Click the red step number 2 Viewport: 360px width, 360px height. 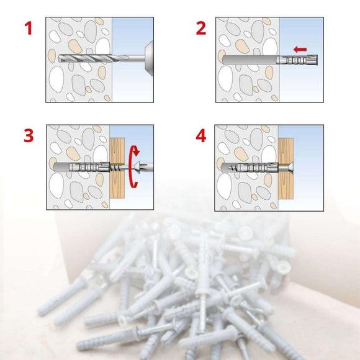(200, 29)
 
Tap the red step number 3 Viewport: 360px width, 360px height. (29, 135)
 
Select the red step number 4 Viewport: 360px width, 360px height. (200, 136)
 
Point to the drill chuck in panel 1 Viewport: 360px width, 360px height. (146, 59)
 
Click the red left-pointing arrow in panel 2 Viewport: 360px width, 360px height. (300, 48)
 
